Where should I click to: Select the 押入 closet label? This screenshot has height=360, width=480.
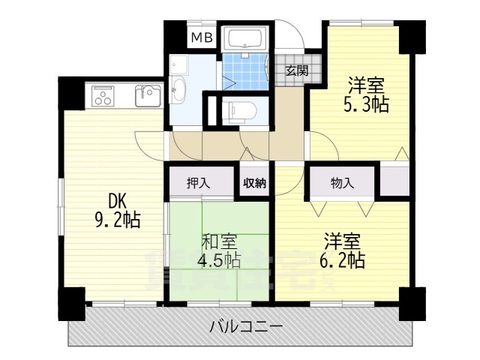point(199,183)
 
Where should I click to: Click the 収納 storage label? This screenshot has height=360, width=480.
point(253,183)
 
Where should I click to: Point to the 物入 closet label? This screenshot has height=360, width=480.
point(341,182)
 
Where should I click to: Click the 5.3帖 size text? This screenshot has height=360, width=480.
point(366,105)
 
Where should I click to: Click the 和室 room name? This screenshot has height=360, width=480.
point(220,242)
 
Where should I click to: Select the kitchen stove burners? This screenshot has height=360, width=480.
point(103,95)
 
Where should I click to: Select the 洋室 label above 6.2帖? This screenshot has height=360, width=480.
point(344,241)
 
